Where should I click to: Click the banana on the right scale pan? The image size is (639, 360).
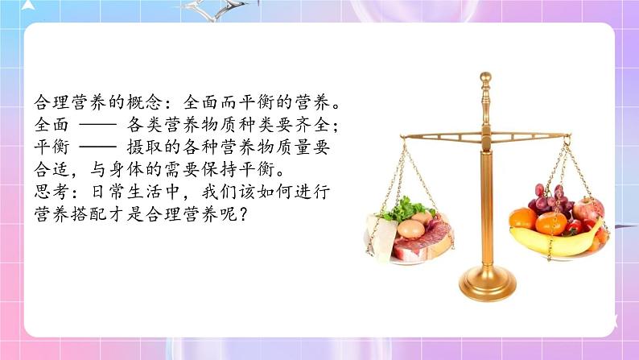[x=555, y=241]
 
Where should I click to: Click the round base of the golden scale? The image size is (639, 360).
[x=486, y=281]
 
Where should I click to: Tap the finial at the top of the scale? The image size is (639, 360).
[x=485, y=80]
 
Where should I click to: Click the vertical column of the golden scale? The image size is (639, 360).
[x=486, y=201]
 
